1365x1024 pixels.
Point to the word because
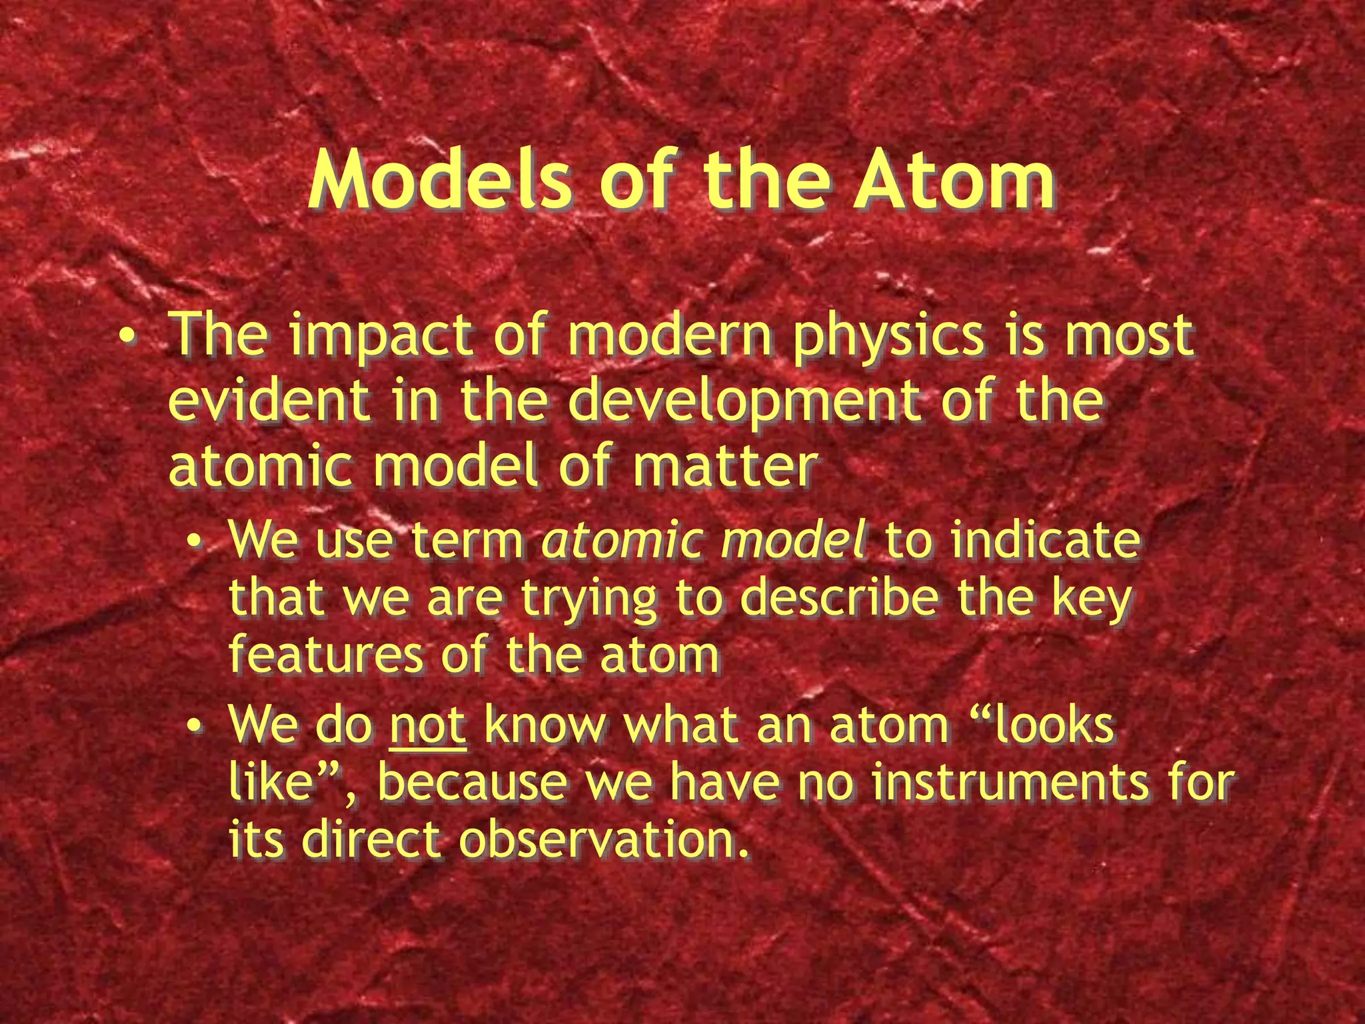pos(472,783)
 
